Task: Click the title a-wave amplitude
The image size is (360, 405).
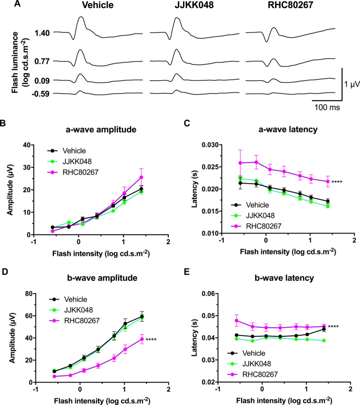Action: pyautogui.click(x=105, y=129)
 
